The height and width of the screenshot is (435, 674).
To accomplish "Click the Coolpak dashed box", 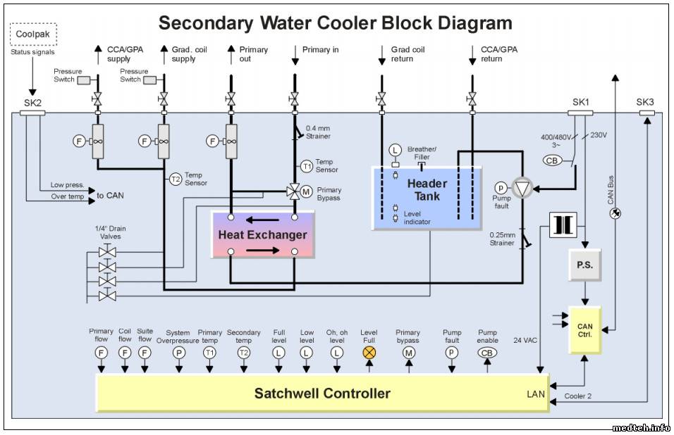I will point(34,34).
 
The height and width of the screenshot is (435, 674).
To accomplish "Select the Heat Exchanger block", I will point(263,234).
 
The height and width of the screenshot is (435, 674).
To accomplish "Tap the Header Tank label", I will point(427,190).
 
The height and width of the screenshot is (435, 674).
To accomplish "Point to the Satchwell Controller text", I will point(322,393).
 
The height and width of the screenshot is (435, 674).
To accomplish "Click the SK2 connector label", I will point(32,103).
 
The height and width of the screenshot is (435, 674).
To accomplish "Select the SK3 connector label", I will point(645,103).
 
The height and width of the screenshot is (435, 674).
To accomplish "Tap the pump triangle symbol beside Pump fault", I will point(522,188).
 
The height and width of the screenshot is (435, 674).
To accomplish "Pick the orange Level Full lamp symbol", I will point(369,353).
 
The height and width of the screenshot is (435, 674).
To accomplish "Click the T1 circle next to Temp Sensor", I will point(307,167).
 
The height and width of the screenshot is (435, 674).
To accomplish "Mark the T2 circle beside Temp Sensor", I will point(176,179).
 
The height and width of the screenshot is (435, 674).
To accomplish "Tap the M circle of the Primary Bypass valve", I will point(307,191).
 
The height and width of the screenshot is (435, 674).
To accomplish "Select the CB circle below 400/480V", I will point(553,160).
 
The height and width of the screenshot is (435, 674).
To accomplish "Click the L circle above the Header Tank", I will point(395,149).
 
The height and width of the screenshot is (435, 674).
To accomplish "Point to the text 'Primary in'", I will point(320,50).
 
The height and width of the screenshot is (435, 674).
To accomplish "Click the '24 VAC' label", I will point(525,340).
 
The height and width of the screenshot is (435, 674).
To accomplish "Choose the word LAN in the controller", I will point(536,394).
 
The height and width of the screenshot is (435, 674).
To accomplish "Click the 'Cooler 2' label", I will point(578,396).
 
